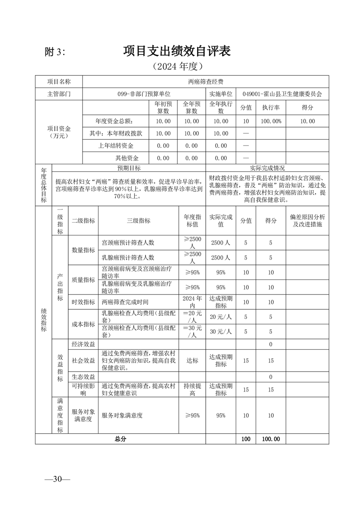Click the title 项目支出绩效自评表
click(177, 51)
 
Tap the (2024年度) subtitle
click(177, 66)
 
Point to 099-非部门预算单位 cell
click(143, 94)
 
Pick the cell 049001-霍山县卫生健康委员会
click(281, 94)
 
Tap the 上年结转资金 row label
click(116, 146)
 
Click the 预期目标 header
click(129, 168)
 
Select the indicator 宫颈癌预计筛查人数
click(128, 242)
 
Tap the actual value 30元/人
click(221, 331)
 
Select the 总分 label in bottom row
click(120, 439)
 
